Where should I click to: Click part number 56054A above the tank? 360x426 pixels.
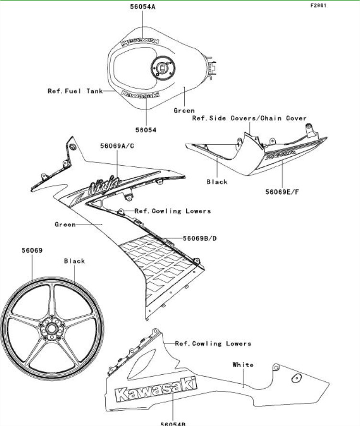coord(143,7)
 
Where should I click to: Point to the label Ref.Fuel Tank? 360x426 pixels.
coord(75,91)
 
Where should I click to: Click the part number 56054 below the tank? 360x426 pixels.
coord(146,129)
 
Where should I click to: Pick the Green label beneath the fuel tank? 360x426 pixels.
coord(184,111)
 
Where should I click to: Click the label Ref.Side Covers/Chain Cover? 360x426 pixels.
coord(249,118)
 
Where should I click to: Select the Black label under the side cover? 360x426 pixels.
coord(217,182)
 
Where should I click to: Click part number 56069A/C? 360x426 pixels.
coord(117,145)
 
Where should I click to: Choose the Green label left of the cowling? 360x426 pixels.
coord(65,224)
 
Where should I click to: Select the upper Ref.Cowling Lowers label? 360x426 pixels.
coord(172,211)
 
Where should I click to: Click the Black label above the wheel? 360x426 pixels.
coord(74,261)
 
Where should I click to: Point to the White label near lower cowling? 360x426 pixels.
coord(243,365)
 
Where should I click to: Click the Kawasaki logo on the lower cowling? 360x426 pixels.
coord(156,389)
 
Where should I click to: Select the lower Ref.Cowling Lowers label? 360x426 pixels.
coord(213,344)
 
